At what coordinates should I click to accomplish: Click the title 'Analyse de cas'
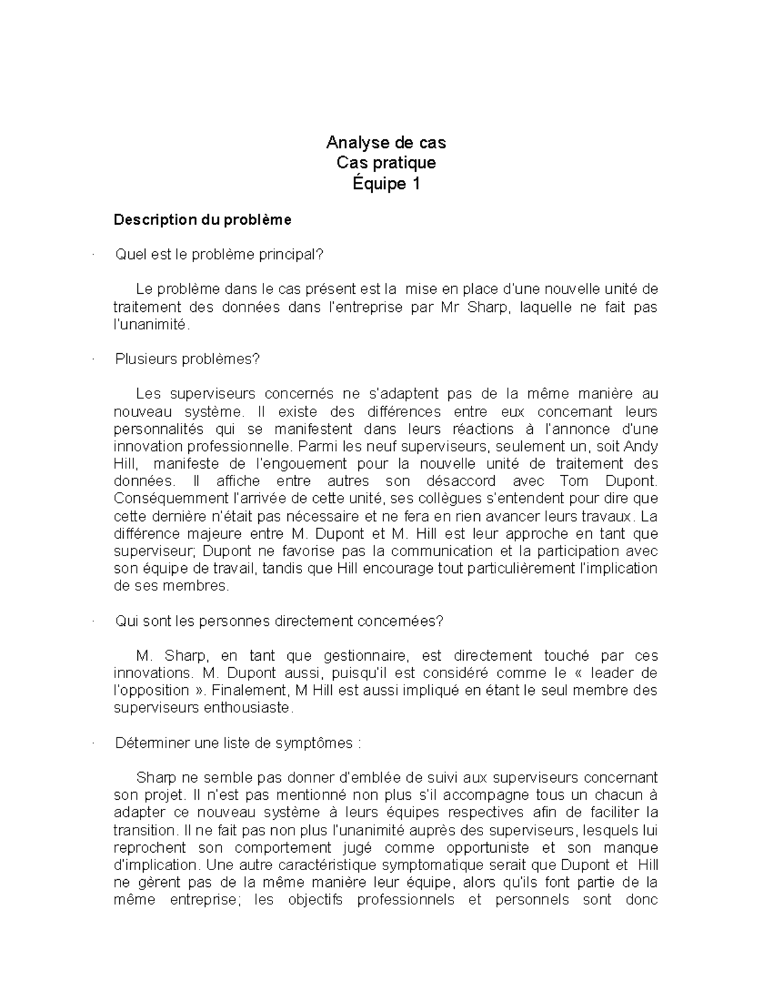(x=386, y=142)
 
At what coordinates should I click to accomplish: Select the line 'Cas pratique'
(x=386, y=162)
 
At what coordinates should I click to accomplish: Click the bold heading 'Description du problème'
(x=202, y=220)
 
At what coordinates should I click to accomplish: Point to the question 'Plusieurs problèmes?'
(x=187, y=359)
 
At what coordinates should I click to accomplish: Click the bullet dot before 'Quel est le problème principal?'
(x=94, y=255)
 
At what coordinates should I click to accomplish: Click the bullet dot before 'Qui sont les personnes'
(x=94, y=621)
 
